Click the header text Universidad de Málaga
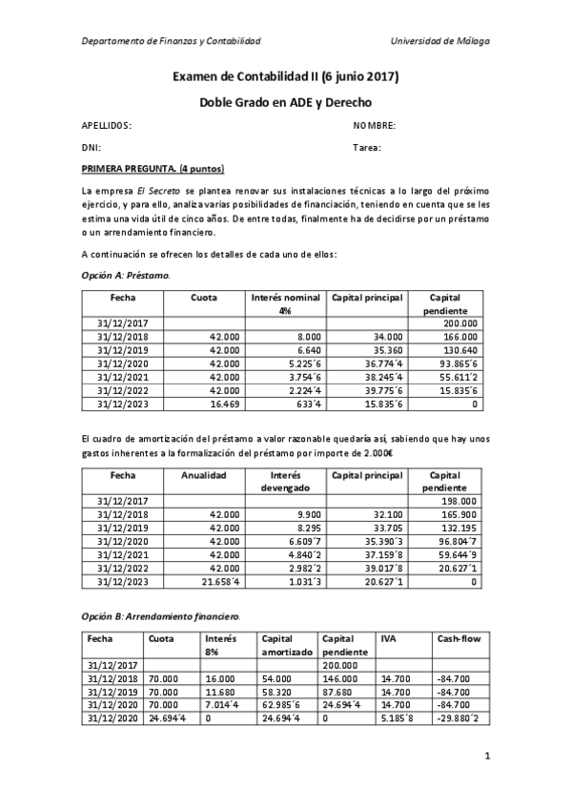pos(440,41)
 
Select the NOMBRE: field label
pos(375,126)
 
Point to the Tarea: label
pos(367,148)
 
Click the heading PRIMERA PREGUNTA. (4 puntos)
pos(153,170)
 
